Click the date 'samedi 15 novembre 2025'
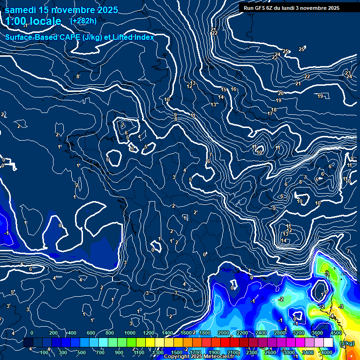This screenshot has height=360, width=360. (61, 9)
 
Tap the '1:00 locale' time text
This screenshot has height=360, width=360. (34, 21)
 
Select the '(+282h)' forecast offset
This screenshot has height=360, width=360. (83, 21)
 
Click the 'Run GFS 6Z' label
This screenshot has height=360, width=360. (260, 8)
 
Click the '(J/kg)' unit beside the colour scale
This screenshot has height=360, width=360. (347, 344)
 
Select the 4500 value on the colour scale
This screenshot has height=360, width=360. (336, 333)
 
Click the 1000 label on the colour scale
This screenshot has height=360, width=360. (130, 333)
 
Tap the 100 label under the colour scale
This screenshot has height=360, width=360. (45, 352)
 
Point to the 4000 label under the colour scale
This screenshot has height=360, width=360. (327, 352)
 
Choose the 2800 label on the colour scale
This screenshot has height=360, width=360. (280, 333)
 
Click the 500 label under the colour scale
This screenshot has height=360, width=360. (82, 352)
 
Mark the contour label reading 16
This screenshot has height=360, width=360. (233, 89)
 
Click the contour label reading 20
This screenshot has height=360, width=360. (280, 93)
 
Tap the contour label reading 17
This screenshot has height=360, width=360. (270, 114)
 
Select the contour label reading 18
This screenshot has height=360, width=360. (274, 110)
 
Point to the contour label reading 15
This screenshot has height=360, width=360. (224, 90)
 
